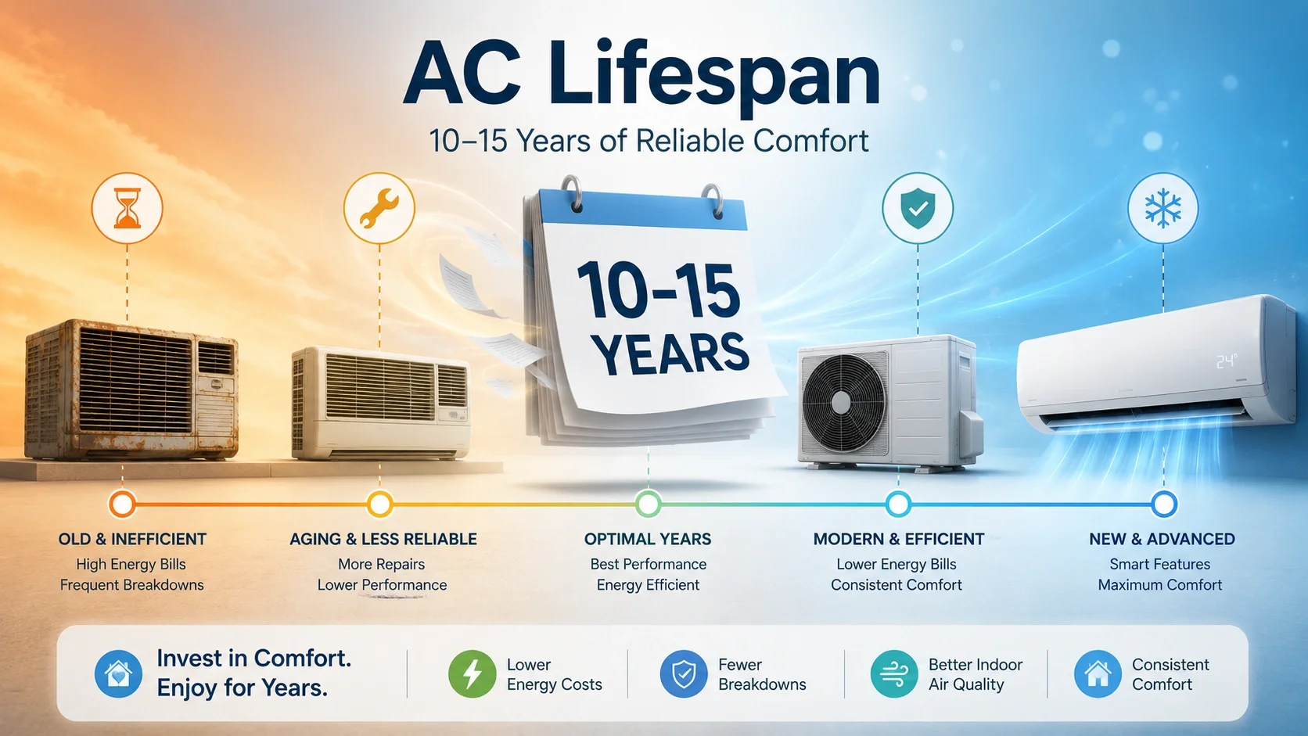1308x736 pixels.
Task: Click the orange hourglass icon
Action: [x=128, y=208]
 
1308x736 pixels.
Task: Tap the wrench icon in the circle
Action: [x=379, y=208]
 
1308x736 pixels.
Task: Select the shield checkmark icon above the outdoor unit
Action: [x=918, y=208]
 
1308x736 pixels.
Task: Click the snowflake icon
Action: [x=1162, y=208]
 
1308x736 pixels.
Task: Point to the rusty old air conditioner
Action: [x=131, y=389]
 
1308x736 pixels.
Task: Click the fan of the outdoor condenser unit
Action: [x=842, y=403]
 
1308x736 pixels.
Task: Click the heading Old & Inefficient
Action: [x=132, y=539]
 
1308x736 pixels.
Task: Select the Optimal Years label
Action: [x=648, y=539]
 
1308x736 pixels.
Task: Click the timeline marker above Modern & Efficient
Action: [x=898, y=504]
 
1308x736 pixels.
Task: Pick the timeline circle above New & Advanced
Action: [x=1164, y=504]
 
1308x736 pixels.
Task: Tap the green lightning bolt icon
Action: [x=472, y=673]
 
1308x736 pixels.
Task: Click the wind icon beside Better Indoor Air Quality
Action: [x=894, y=673]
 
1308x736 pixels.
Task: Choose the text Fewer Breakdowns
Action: [x=762, y=674]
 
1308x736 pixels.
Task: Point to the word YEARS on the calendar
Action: [x=670, y=353]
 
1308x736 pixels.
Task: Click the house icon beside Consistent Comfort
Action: [x=1098, y=673]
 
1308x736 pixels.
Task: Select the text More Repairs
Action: [x=381, y=565]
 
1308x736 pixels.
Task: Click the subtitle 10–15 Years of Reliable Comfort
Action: [x=649, y=141]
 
